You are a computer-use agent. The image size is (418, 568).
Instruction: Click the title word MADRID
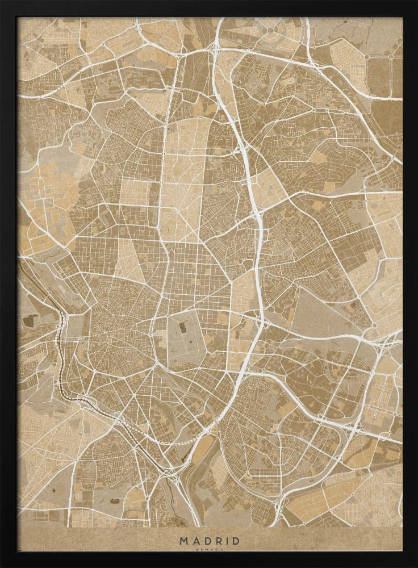tap(210, 541)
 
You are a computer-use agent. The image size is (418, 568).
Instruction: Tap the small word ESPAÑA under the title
tap(210, 549)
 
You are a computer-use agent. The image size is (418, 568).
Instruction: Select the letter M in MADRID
tap(184, 541)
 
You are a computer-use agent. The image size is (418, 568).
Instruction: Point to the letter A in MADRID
tap(195, 541)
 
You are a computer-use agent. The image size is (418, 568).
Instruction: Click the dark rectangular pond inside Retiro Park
tap(183, 327)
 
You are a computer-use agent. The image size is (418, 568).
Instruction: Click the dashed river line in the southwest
tap(62, 364)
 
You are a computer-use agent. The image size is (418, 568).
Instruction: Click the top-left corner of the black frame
tap(2, 2)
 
